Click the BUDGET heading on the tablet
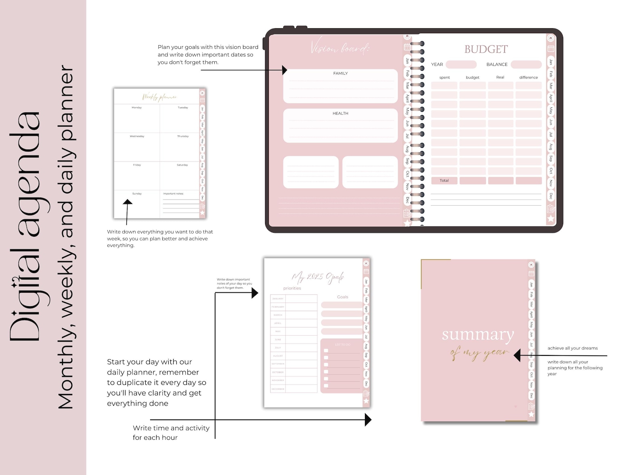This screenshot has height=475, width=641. [486, 49]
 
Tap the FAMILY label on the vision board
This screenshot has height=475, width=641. [340, 74]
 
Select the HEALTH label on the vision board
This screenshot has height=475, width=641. [340, 113]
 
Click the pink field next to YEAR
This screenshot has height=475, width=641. [461, 65]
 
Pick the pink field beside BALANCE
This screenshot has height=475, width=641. [526, 65]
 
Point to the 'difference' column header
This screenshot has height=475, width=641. [528, 78]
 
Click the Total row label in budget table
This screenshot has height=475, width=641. [444, 181]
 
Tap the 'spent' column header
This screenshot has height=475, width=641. [444, 78]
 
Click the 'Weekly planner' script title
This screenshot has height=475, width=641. [159, 97]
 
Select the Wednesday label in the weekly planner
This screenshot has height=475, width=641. [137, 137]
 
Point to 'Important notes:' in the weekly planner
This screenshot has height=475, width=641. [173, 194]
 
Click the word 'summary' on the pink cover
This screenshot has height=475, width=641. [478, 334]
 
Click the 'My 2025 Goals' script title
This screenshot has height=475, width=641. [318, 277]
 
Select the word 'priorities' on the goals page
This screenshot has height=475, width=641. [292, 288]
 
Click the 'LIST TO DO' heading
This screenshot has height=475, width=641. [342, 345]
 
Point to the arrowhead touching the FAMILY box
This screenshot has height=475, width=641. [285, 70]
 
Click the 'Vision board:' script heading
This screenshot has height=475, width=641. [340, 48]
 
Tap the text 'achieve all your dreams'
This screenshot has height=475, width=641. [572, 348]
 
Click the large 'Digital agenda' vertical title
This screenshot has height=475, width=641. [25, 226]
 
